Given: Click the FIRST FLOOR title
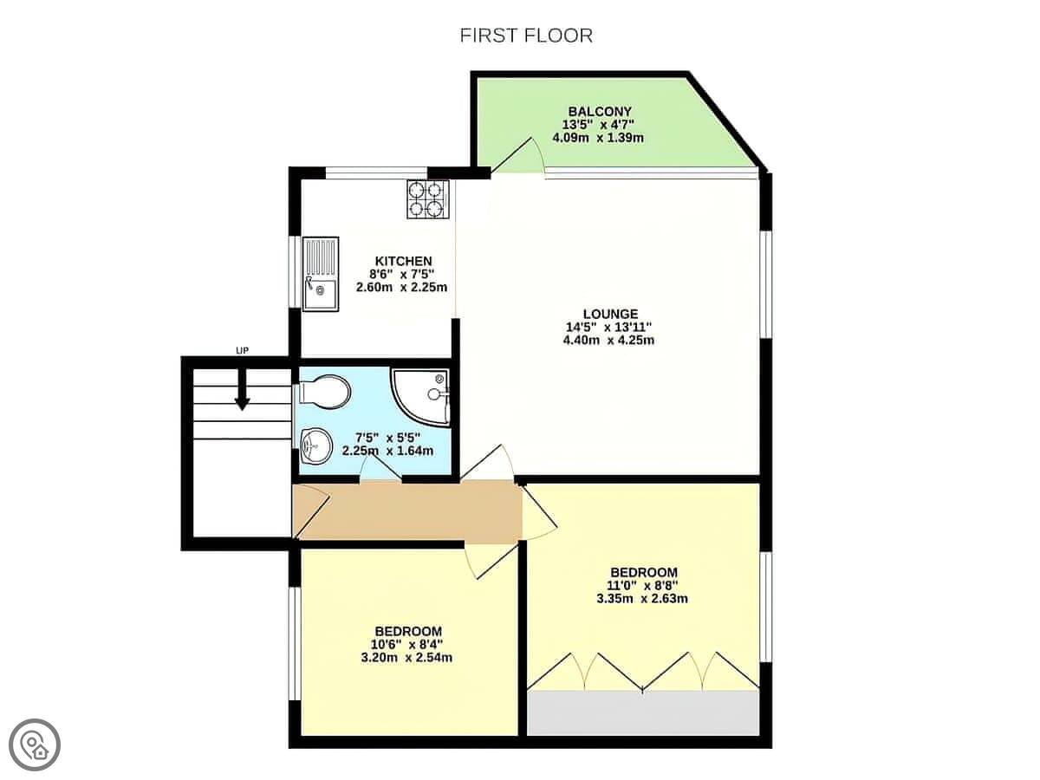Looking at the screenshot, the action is [x=526, y=36].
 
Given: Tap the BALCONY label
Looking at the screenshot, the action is [x=600, y=111].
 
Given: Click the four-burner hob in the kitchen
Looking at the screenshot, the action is [x=428, y=199].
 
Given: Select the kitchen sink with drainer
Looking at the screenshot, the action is [x=321, y=274].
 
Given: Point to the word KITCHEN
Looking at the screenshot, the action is [x=403, y=261].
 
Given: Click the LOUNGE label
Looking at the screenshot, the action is [x=610, y=314].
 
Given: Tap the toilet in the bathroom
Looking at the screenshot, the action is [x=325, y=392].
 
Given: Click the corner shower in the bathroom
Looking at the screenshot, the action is [x=419, y=399].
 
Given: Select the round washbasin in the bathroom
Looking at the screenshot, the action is [x=316, y=445].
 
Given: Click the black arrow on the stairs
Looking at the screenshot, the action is [x=242, y=389].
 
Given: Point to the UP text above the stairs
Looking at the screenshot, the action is [x=242, y=351].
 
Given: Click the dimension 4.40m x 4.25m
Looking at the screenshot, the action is [x=608, y=340].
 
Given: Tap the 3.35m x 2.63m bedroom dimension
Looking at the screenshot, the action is [x=642, y=598].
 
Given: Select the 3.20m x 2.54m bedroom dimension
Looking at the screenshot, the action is [x=406, y=657].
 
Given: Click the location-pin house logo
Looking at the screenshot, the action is [x=35, y=745].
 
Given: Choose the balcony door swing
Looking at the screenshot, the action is [x=517, y=155].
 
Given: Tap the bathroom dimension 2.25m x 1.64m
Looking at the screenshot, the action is [x=387, y=451].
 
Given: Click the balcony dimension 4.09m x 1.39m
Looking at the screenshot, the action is [x=598, y=138].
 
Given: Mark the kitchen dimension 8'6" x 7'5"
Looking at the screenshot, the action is [x=402, y=274].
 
